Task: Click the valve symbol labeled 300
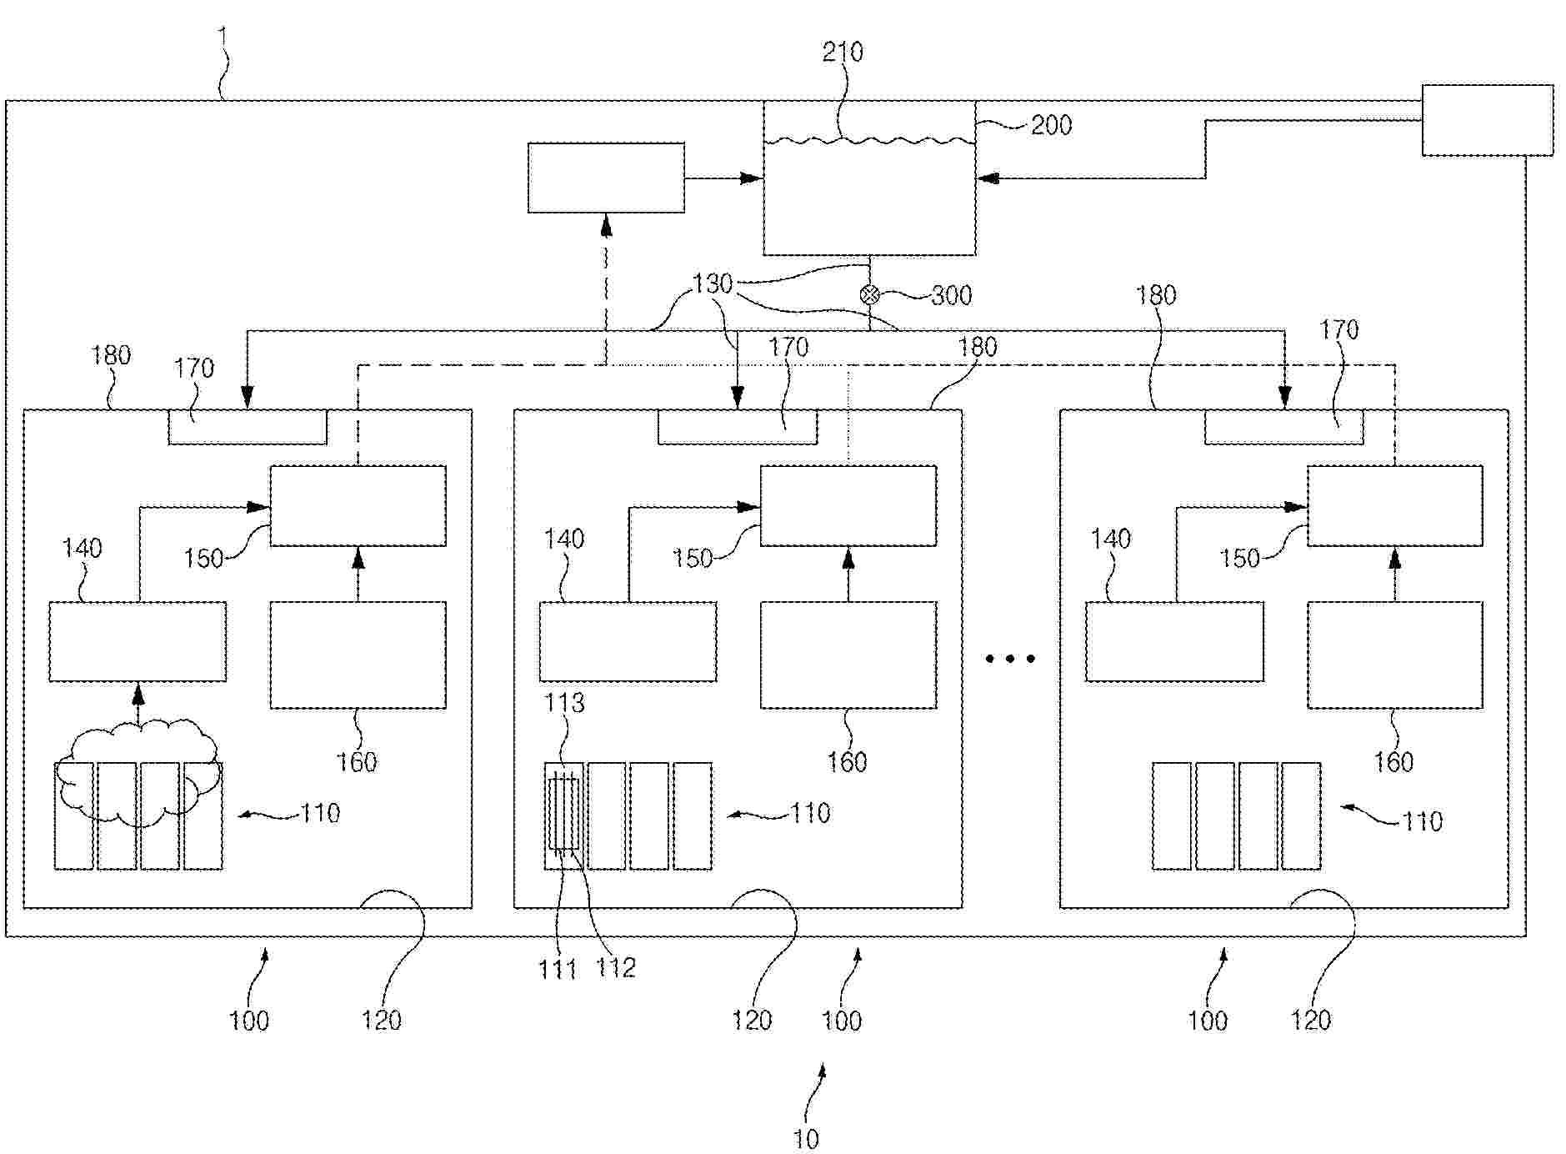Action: click(x=869, y=294)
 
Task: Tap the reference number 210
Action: click(x=843, y=53)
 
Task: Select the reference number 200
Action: click(x=1051, y=125)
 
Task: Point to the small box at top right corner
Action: click(x=1487, y=120)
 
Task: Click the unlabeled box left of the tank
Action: click(x=606, y=178)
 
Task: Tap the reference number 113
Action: click(x=564, y=703)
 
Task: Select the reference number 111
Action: click(x=558, y=968)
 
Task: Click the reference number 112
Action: click(x=616, y=967)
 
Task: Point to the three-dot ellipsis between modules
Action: click(x=1010, y=659)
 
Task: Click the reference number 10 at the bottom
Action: click(x=806, y=1139)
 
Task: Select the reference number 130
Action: click(x=713, y=284)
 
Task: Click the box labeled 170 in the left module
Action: click(x=248, y=427)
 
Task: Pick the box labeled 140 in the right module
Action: click(x=1174, y=641)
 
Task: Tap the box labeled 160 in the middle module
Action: click(x=848, y=655)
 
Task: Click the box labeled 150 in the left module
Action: click(x=358, y=506)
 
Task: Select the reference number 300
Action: click(x=951, y=295)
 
